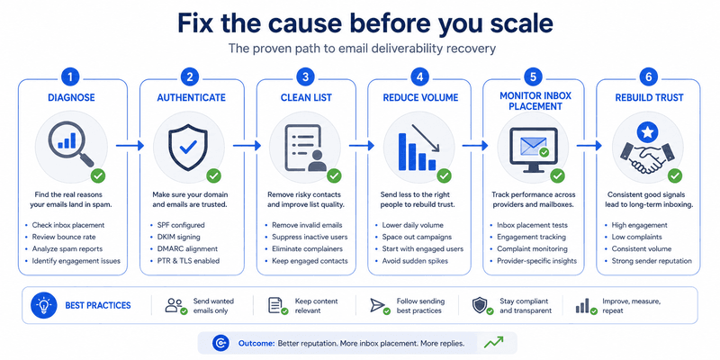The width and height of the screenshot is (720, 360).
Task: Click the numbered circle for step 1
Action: coord(70,76)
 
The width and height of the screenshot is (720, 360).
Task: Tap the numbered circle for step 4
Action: coord(419,76)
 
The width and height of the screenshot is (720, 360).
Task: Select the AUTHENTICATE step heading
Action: coord(191,98)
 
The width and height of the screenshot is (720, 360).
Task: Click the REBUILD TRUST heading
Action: coord(648,98)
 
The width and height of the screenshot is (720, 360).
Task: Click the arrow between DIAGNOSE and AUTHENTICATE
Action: coord(130,146)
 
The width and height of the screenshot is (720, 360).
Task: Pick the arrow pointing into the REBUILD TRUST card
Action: coord(589,146)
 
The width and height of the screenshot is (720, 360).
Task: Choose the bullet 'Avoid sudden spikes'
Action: coord(415,261)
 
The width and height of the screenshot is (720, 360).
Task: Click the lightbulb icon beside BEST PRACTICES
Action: coord(43,306)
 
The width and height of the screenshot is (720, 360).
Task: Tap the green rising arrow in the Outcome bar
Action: coord(493,342)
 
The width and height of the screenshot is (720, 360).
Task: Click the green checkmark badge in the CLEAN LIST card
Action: coord(334,175)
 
